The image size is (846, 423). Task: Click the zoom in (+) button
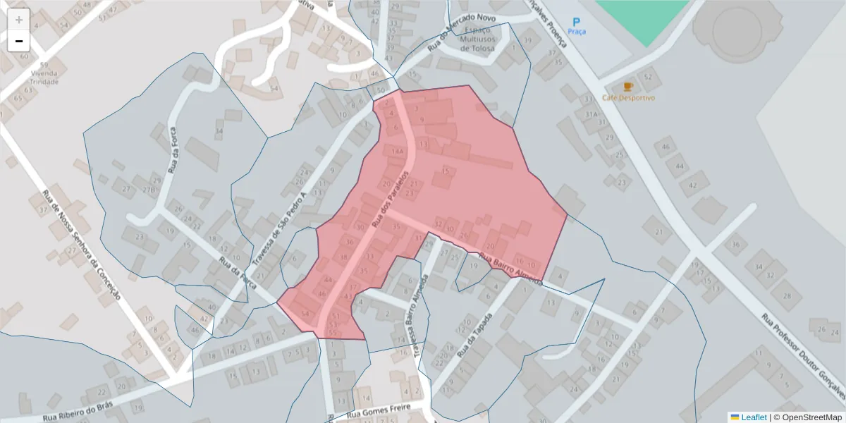point(18,20)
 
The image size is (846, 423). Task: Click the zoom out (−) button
point(18,42)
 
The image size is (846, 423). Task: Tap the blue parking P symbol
point(576,23)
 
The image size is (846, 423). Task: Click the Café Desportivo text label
point(629,98)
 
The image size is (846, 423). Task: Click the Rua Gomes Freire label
point(379,413)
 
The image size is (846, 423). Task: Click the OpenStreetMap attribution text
point(808,417)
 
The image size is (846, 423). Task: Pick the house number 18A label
point(398,151)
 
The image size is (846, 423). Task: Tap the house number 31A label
point(591,114)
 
